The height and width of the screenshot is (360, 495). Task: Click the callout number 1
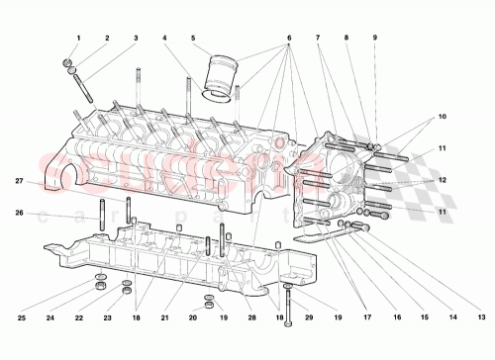click(76, 38)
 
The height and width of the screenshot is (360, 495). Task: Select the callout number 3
click(136, 38)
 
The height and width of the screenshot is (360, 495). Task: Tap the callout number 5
click(193, 38)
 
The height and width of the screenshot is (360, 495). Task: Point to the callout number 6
click(289, 38)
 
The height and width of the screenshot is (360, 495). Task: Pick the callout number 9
click(374, 38)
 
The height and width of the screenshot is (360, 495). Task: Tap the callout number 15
click(425, 317)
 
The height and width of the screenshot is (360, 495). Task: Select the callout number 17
click(368, 317)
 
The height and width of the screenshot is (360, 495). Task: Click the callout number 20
click(193, 317)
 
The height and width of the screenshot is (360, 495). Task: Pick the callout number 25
click(21, 317)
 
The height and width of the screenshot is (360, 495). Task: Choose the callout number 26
click(21, 212)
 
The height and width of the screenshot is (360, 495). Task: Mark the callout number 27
click(21, 181)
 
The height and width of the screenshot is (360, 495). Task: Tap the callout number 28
click(253, 317)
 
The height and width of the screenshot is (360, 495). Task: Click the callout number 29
click(309, 317)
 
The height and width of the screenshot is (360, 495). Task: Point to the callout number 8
click(346, 38)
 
